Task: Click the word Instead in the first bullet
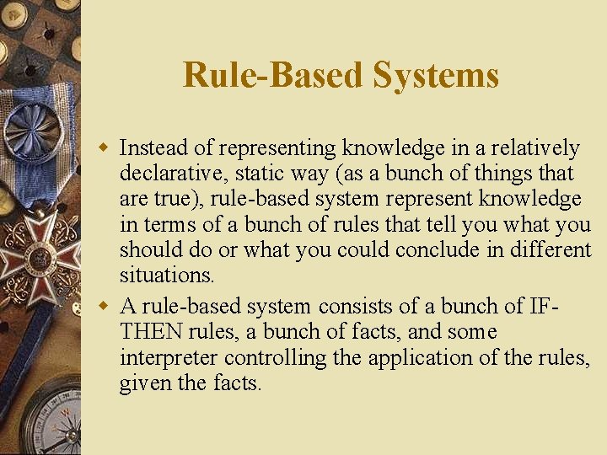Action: click(153, 148)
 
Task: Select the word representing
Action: click(278, 148)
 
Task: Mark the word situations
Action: click(167, 275)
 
